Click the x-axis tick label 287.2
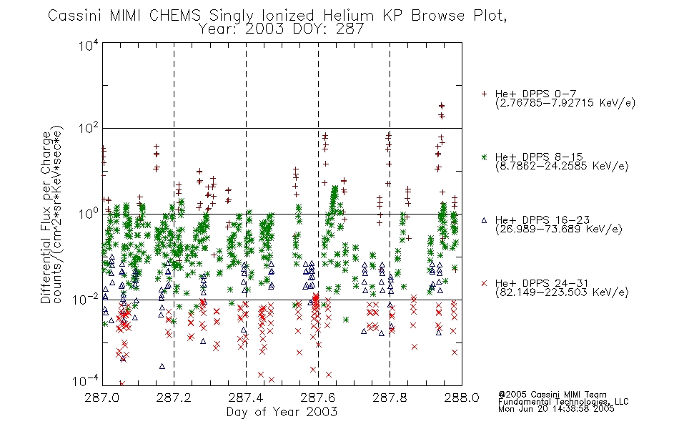click(174, 398)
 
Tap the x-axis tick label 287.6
click(317, 398)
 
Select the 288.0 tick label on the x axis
click(462, 398)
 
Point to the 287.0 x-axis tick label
click(101, 398)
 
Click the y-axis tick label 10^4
click(89, 45)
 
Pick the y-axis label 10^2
click(89, 129)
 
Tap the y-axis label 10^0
click(89, 214)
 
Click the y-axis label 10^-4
click(86, 381)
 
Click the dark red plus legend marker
click(484, 94)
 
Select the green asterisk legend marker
click(484, 157)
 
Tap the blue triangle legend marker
click(484, 220)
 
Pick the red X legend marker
click(484, 283)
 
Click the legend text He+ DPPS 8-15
click(539, 157)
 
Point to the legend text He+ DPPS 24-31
click(542, 283)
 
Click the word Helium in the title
click(348, 16)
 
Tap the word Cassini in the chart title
click(74, 16)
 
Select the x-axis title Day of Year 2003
click(282, 412)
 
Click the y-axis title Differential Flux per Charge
click(46, 217)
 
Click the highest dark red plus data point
click(441, 105)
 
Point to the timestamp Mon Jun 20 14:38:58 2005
click(556, 409)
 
